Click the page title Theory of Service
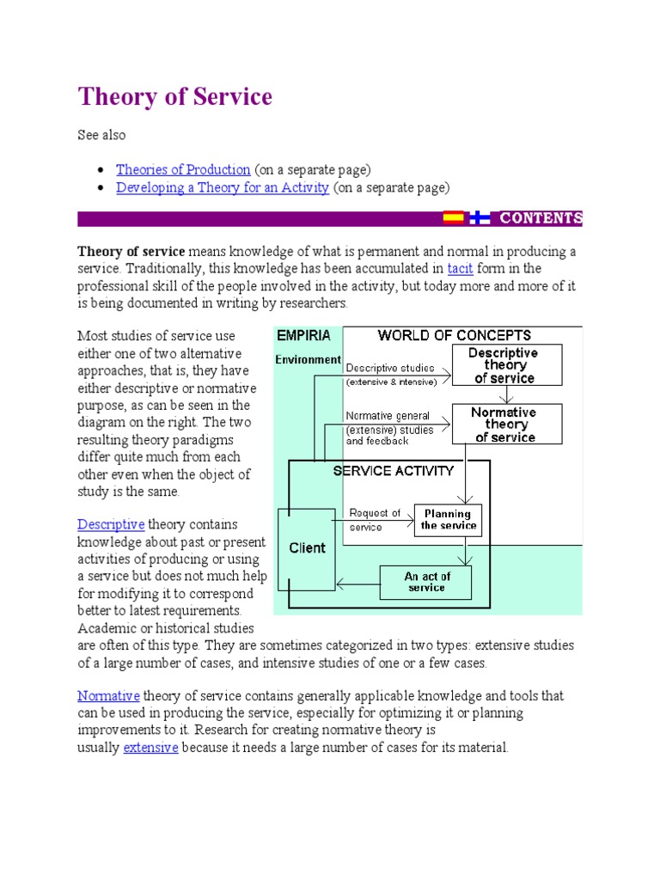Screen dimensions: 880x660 pyautogui.click(x=175, y=97)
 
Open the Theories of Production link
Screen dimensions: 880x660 pyautogui.click(x=183, y=169)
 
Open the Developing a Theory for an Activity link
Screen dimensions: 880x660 pyautogui.click(x=223, y=187)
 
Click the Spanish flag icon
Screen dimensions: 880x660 pyautogui.click(x=453, y=218)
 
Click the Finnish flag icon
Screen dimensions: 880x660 pyautogui.click(x=480, y=218)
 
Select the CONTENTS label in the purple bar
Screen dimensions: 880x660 pyautogui.click(x=541, y=218)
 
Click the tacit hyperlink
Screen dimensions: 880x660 pyautogui.click(x=461, y=269)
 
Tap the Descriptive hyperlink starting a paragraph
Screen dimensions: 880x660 pyautogui.click(x=111, y=524)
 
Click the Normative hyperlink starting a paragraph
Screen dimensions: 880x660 pyautogui.click(x=108, y=695)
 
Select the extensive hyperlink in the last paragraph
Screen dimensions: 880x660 pyautogui.click(x=150, y=748)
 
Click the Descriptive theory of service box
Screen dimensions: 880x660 pyautogui.click(x=506, y=365)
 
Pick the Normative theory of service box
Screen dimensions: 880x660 pyautogui.click(x=506, y=425)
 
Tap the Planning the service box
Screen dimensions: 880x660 pyautogui.click(x=449, y=520)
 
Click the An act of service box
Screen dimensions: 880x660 pyautogui.click(x=426, y=582)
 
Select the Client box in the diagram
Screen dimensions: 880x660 pyautogui.click(x=307, y=548)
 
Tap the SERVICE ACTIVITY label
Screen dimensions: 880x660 pyautogui.click(x=394, y=471)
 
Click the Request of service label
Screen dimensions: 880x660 pyautogui.click(x=375, y=520)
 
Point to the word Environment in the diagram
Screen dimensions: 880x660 pyautogui.click(x=308, y=360)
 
